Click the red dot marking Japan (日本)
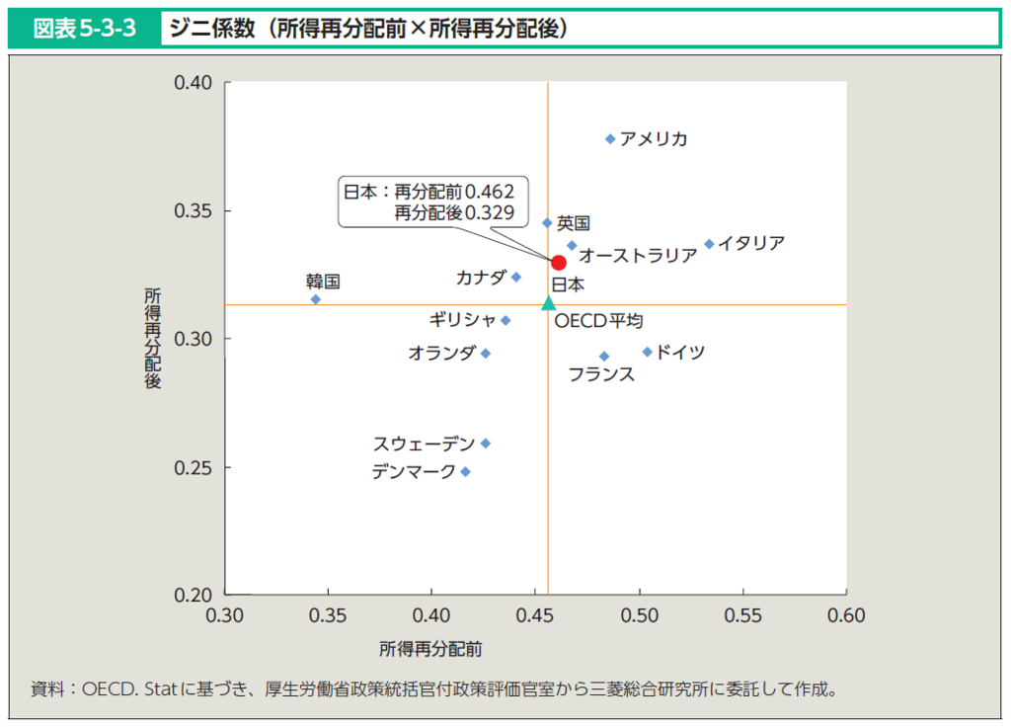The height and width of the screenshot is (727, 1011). [558, 263]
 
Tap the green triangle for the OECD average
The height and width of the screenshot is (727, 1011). [549, 303]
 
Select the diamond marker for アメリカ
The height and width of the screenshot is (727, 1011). [610, 139]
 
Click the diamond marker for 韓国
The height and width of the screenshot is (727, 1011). [316, 299]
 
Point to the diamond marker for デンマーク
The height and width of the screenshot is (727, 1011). [466, 472]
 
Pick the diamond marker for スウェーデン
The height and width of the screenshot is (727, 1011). [486, 444]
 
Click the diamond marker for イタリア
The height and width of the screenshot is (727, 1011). [709, 244]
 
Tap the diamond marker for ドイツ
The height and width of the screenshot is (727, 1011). [648, 352]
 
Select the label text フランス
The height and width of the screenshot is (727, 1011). [601, 374]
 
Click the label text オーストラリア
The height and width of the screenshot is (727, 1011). [638, 256]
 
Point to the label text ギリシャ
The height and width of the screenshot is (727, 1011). [463, 320]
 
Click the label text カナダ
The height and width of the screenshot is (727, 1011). [481, 278]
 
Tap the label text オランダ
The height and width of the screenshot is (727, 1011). [441, 353]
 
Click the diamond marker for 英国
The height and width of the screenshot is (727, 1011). [548, 223]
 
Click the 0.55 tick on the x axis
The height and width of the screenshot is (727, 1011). [743, 616]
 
